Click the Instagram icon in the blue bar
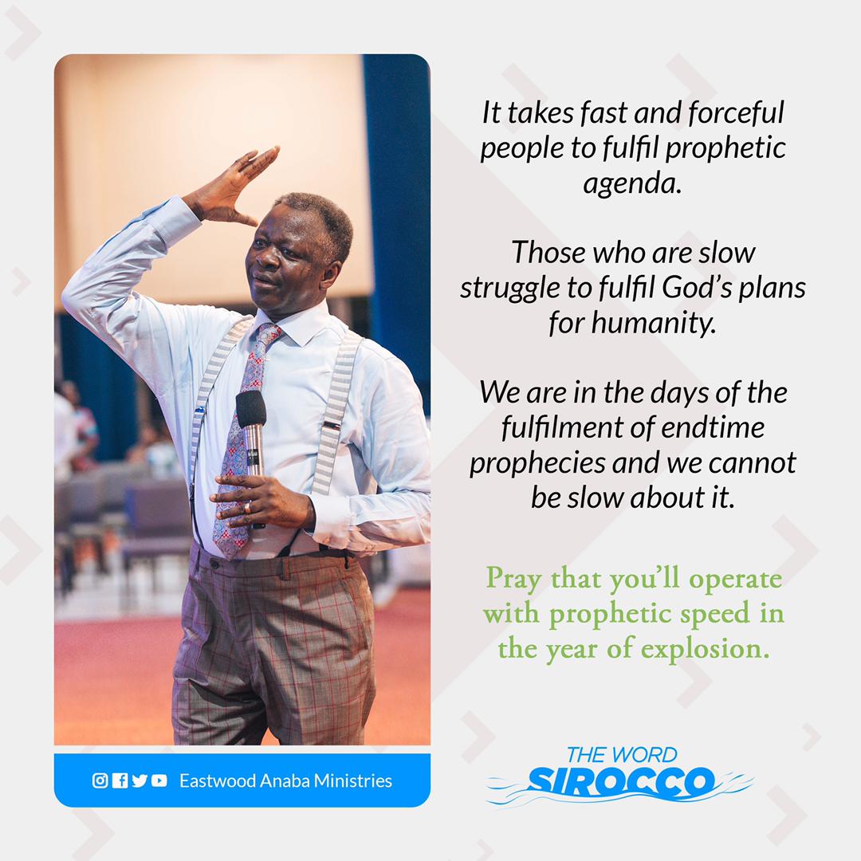pos(100,780)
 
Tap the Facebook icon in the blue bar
pos(120,780)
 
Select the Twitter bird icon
pos(140,780)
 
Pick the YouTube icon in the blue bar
pos(159,780)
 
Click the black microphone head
pos(251,408)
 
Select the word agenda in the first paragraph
pos(631,183)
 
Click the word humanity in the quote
pos(654,322)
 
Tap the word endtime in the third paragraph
pos(713,427)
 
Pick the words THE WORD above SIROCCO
pos(622,754)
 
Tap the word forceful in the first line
pos(736,112)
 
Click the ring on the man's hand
pos(247,507)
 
